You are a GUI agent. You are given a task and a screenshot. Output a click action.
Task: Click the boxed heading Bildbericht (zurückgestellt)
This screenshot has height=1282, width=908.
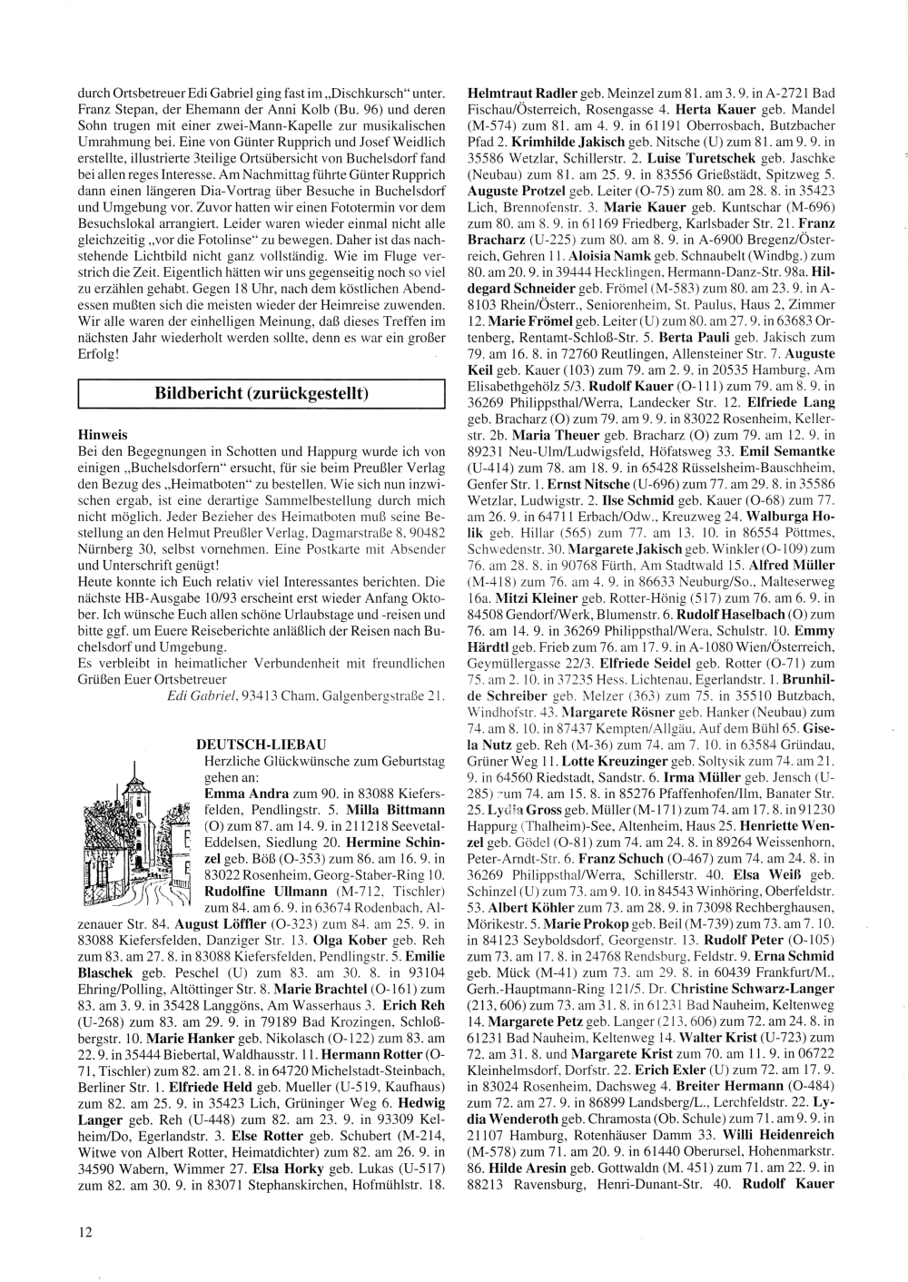coord(262,395)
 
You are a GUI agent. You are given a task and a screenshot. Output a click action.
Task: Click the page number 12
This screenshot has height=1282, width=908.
coord(84,1231)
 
